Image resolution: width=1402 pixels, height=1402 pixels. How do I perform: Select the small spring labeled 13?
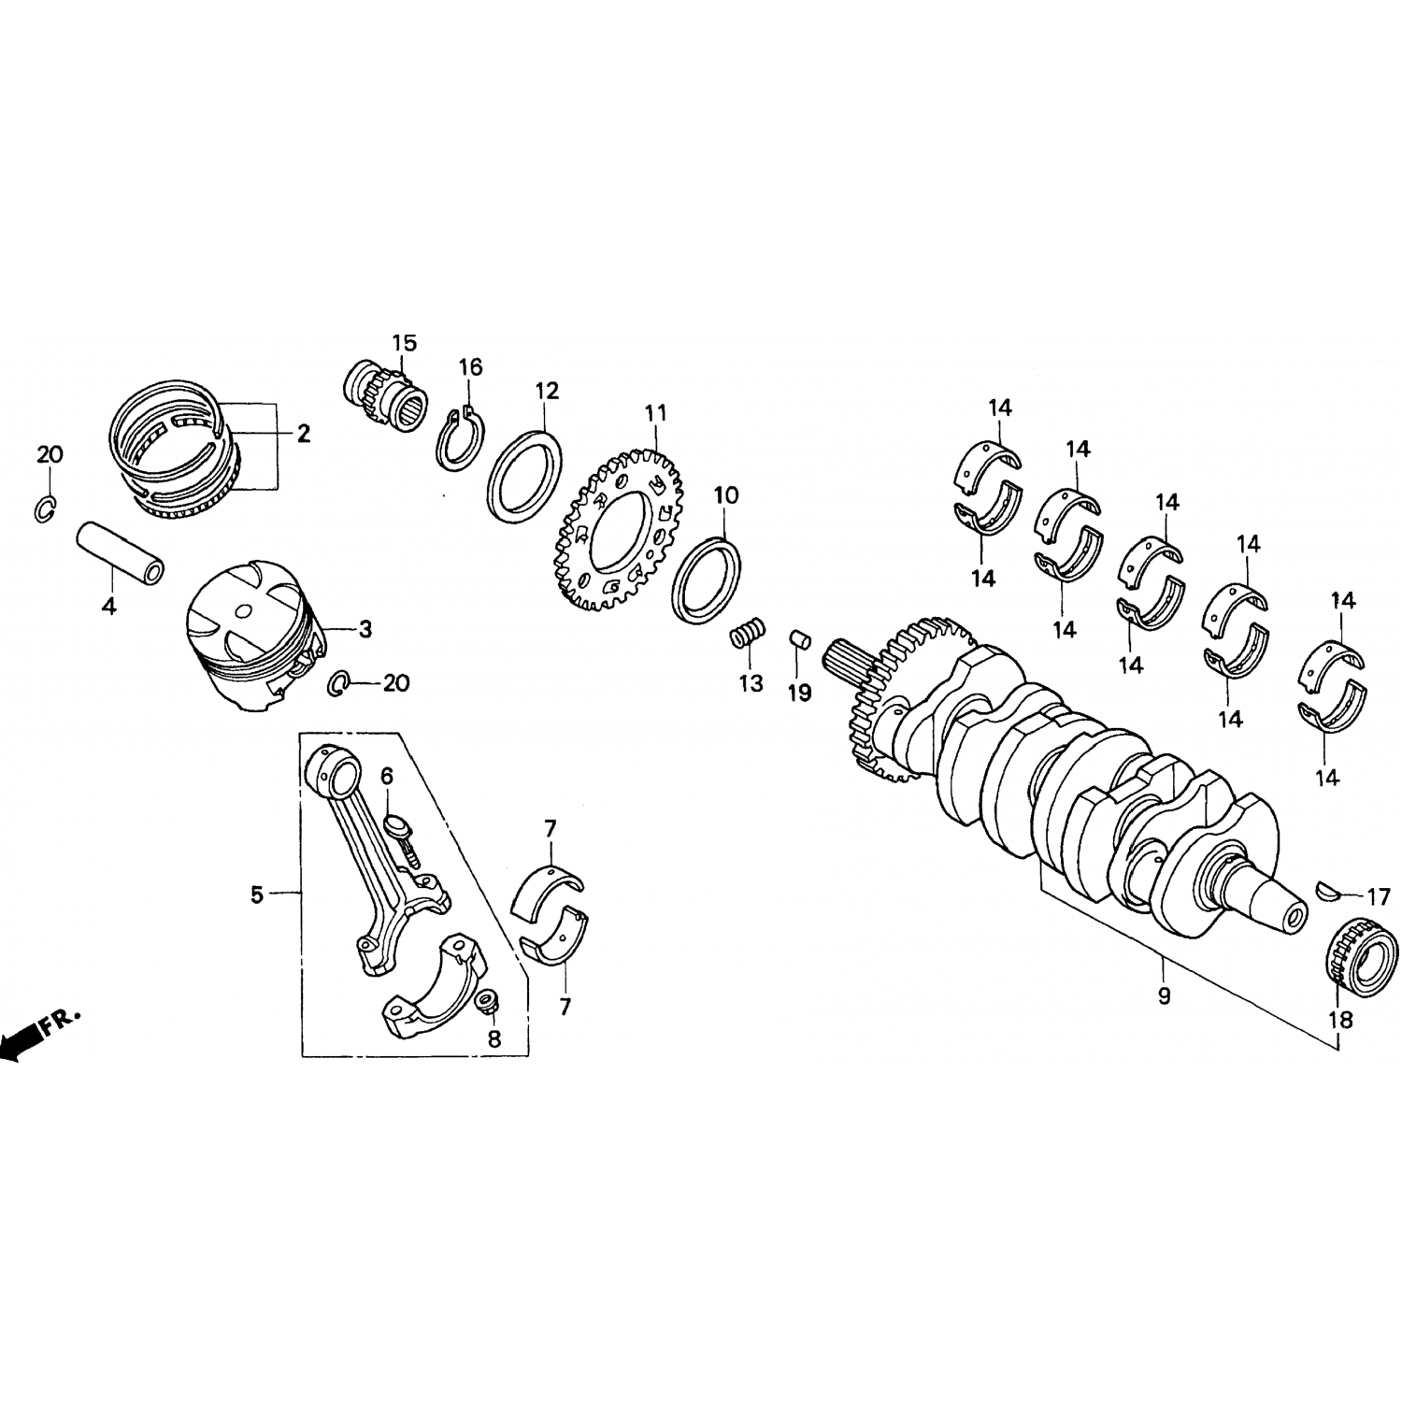[749, 635]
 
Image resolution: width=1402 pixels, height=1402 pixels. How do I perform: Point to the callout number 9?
[1164, 996]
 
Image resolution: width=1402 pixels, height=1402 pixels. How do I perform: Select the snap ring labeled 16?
[461, 436]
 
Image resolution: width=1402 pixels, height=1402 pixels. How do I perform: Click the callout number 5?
[256, 894]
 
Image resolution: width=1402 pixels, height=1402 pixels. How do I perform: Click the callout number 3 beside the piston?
[365, 629]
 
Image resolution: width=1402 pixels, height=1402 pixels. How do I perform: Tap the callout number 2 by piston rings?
[303, 433]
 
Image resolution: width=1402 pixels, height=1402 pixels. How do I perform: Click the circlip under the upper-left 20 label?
[45, 508]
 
